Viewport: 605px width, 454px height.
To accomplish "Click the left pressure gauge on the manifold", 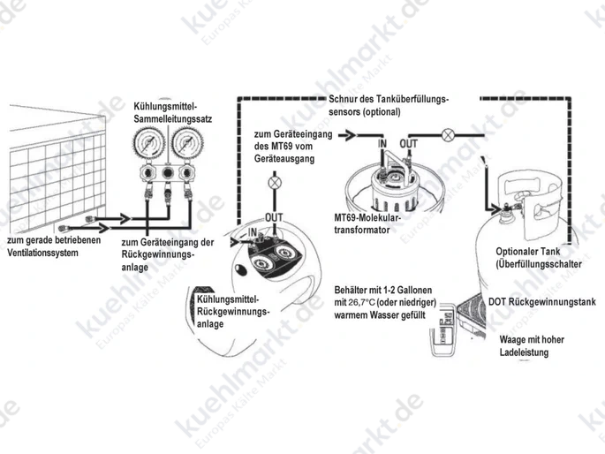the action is click(149, 144).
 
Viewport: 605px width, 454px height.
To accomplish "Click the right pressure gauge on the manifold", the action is click(187, 144).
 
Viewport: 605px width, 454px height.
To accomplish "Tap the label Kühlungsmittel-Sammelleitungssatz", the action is click(173, 112).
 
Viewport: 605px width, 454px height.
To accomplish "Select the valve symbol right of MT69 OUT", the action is click(448, 135).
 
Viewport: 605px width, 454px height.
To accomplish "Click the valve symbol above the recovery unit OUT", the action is click(275, 183).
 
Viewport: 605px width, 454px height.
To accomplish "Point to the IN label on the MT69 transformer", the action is click(382, 144).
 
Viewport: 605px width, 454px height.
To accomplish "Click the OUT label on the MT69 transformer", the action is click(409, 144).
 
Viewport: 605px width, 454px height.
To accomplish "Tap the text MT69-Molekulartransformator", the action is click(367, 223).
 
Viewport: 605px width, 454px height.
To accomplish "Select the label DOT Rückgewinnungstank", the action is click(542, 301).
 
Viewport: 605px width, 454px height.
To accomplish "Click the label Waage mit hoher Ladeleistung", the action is click(532, 345).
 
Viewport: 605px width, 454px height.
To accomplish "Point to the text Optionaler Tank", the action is click(528, 252).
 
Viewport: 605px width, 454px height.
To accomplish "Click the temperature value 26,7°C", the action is click(361, 302).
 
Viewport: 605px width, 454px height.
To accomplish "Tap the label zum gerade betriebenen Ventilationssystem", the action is click(54, 246).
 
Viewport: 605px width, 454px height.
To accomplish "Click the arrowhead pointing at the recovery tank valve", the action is click(495, 209).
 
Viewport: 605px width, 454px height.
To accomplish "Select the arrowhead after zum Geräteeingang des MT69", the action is click(350, 135).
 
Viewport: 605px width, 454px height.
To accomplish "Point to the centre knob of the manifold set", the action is click(168, 172).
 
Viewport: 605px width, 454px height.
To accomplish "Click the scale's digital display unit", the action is click(443, 325).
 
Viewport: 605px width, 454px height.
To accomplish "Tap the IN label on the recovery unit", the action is click(252, 232).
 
